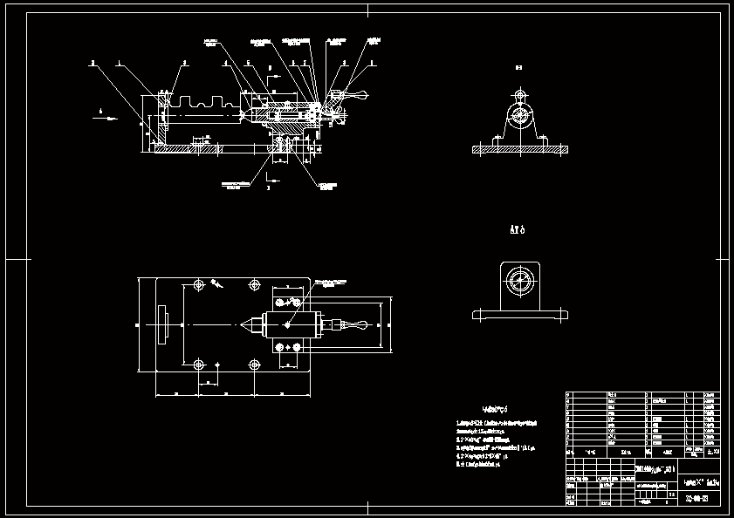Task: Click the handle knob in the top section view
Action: [359, 97]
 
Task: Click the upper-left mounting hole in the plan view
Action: [199, 285]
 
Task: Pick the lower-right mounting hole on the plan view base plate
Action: [254, 365]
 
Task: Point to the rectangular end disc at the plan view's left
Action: [162, 325]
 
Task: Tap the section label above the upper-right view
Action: [518, 66]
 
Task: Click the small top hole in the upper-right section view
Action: [520, 94]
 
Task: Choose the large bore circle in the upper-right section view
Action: [520, 114]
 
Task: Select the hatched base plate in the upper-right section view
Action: [520, 150]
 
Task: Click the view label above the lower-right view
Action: [517, 230]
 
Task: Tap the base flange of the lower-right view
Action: [518, 314]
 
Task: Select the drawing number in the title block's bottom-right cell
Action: [696, 500]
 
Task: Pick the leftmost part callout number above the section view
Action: [92, 64]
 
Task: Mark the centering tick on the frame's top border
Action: [367, 10]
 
